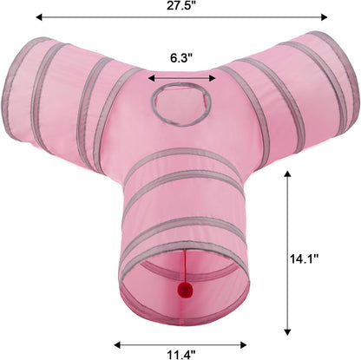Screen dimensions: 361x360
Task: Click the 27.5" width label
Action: click(x=181, y=5)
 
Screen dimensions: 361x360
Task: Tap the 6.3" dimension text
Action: click(x=181, y=58)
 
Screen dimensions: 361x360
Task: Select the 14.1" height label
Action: click(x=305, y=259)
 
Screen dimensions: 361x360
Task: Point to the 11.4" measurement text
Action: click(x=181, y=354)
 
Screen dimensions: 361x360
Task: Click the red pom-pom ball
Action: click(x=182, y=288)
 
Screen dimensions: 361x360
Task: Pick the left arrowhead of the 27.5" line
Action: click(x=39, y=17)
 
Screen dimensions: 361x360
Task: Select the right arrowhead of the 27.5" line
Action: click(x=324, y=17)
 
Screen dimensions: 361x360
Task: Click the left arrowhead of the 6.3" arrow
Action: click(x=151, y=78)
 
